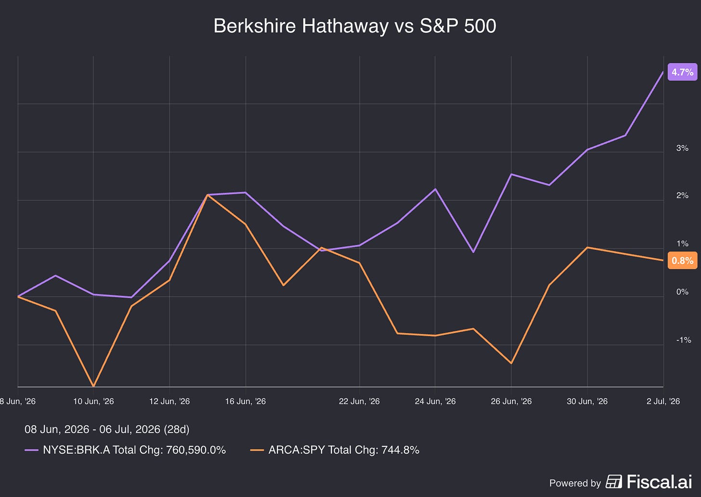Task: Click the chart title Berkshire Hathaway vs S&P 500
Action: [354, 26]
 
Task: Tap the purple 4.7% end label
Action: [683, 72]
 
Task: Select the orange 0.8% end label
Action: [683, 261]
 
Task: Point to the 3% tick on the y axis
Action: [682, 148]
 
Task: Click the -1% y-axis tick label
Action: [684, 340]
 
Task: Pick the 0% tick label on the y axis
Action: [682, 292]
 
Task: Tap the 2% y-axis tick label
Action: [682, 196]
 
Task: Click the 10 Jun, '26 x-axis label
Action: [93, 401]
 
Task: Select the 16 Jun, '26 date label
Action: [246, 401]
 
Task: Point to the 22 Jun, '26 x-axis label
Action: [359, 401]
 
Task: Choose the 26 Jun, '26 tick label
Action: [511, 401]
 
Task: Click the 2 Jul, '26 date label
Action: [663, 401]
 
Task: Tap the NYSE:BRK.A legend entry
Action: [125, 450]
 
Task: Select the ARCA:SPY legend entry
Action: [335, 450]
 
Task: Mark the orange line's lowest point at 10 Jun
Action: [93, 386]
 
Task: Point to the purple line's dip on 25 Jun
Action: [473, 252]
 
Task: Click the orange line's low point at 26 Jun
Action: [511, 363]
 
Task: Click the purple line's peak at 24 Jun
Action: [435, 189]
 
